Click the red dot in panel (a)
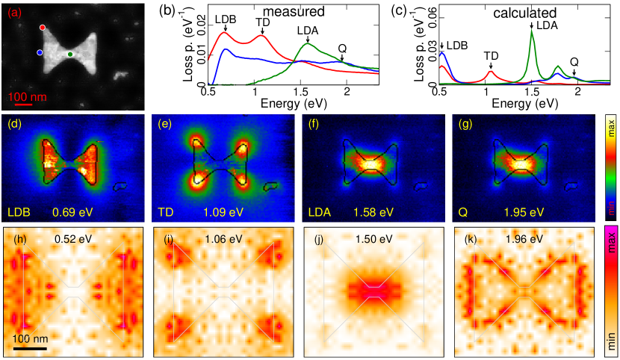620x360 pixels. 43,27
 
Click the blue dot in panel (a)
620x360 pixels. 40,53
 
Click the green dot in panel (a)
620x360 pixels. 70,54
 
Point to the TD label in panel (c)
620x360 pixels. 490,55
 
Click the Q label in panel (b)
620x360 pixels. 342,49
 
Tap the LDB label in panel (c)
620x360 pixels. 457,46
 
